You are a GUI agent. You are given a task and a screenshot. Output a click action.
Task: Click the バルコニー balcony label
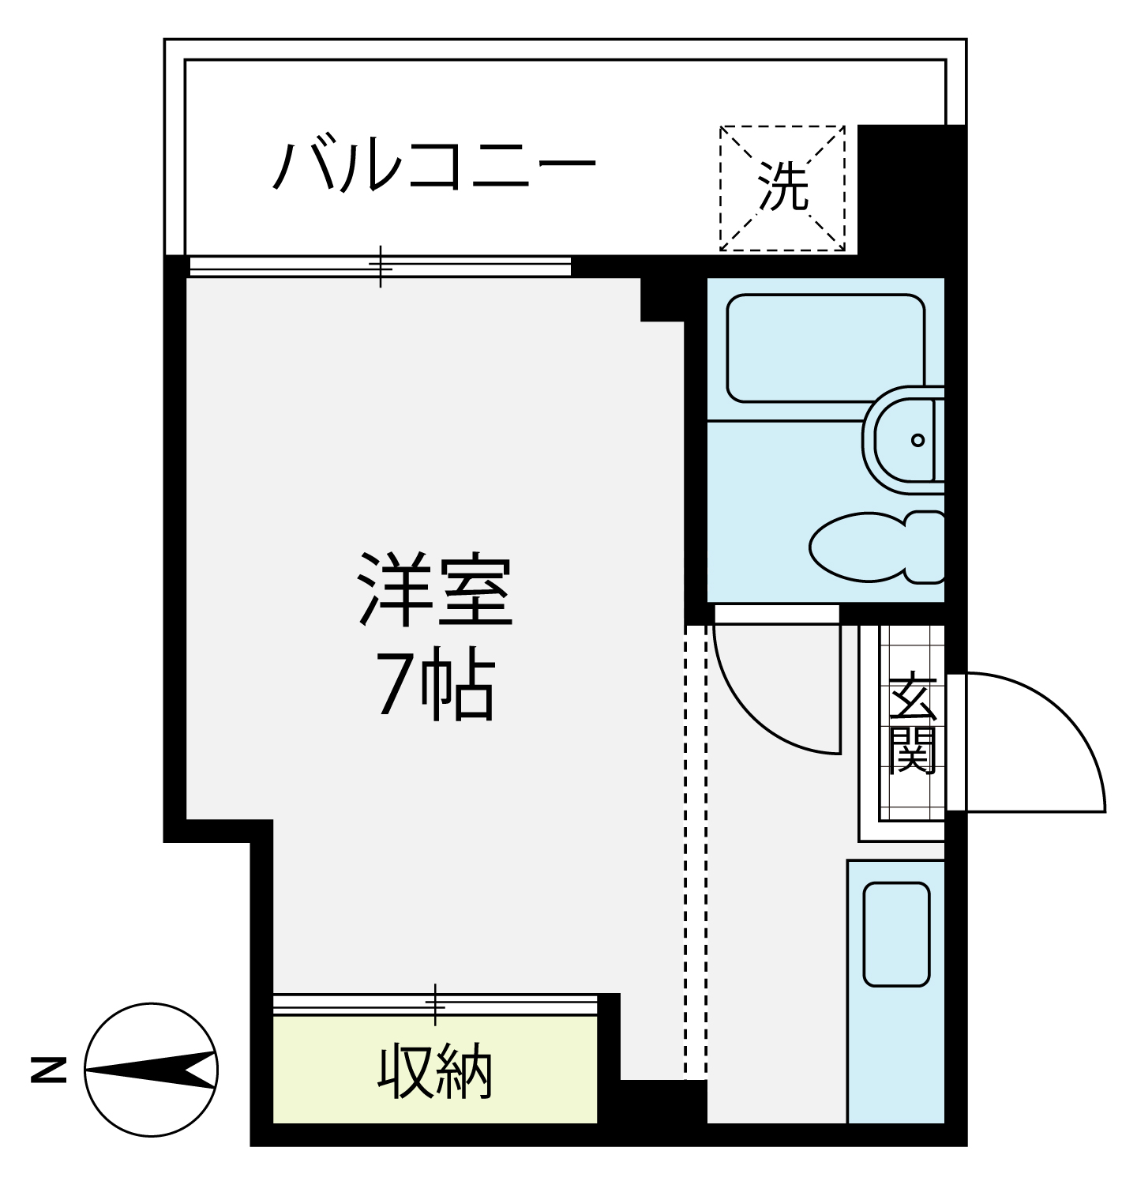(433, 167)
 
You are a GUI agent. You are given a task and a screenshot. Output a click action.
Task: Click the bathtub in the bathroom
(825, 348)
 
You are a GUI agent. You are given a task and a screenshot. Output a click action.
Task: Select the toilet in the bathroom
(877, 547)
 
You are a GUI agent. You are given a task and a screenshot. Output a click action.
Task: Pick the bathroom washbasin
(904, 439)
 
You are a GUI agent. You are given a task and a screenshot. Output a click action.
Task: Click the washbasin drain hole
(917, 440)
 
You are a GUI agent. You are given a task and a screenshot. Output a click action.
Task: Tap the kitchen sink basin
(896, 934)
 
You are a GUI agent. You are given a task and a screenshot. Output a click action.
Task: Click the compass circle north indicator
(151, 1070)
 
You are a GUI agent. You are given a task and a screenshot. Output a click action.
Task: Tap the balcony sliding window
(380, 266)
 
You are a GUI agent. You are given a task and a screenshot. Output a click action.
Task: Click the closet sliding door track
(435, 1004)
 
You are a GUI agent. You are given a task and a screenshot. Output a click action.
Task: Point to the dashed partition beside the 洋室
(696, 852)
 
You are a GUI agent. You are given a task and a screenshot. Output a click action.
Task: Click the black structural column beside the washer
(911, 190)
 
